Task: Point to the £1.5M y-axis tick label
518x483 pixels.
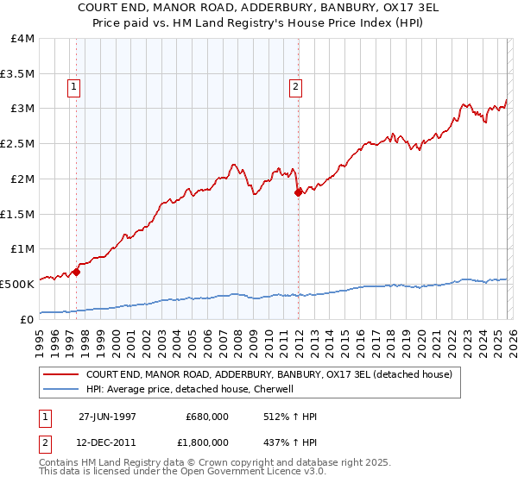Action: click(17, 213)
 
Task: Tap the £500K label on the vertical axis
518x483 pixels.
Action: click(17, 283)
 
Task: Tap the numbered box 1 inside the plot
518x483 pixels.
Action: click(74, 86)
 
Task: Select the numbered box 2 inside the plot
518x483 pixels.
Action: click(296, 86)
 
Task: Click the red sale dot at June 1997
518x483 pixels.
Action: click(77, 271)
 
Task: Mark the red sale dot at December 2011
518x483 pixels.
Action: click(298, 192)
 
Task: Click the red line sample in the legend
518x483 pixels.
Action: click(61, 375)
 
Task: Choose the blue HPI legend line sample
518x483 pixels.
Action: click(61, 390)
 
